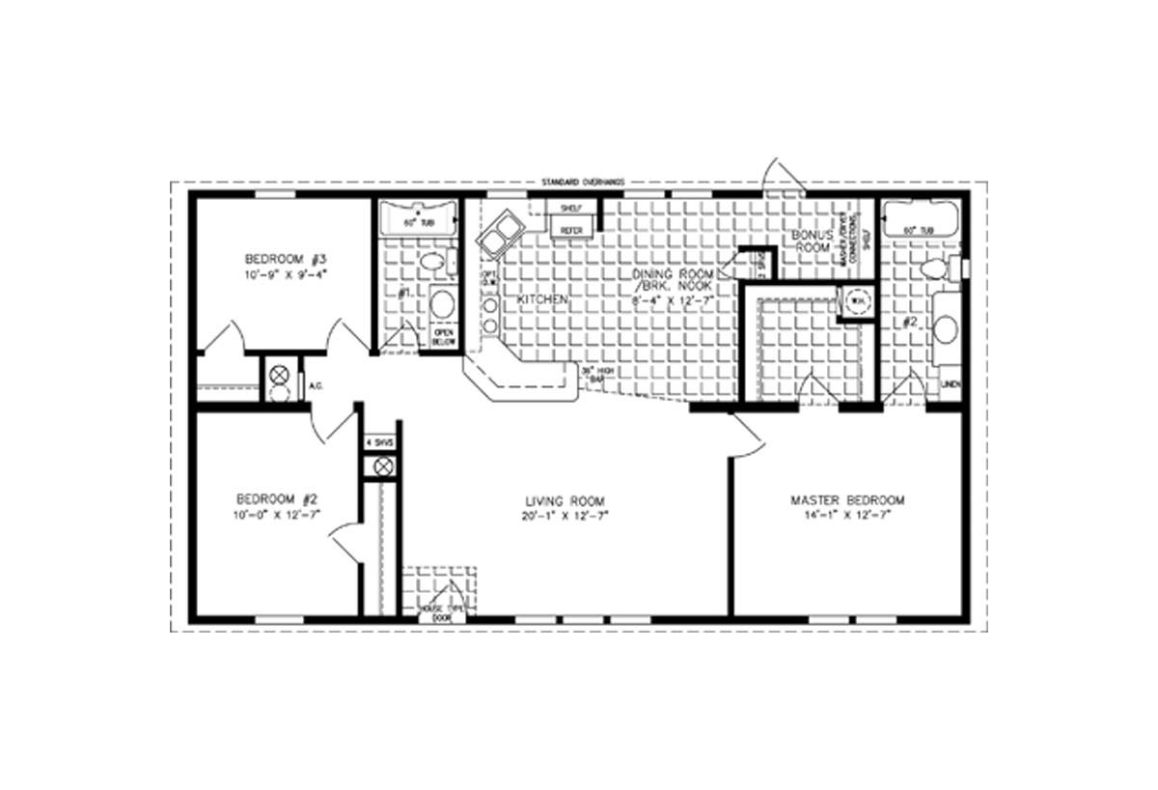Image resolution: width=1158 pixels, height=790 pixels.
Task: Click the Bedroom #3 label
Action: pos(288,260)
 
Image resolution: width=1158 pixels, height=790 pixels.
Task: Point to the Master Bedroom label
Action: pos(847,500)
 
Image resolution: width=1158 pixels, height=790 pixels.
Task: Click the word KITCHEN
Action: pos(542,300)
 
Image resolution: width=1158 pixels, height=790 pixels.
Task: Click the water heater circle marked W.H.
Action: pos(855,302)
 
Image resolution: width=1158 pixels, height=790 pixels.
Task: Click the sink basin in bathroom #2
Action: pos(945,330)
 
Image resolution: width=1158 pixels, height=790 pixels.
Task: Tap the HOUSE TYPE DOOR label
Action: pos(441,612)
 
